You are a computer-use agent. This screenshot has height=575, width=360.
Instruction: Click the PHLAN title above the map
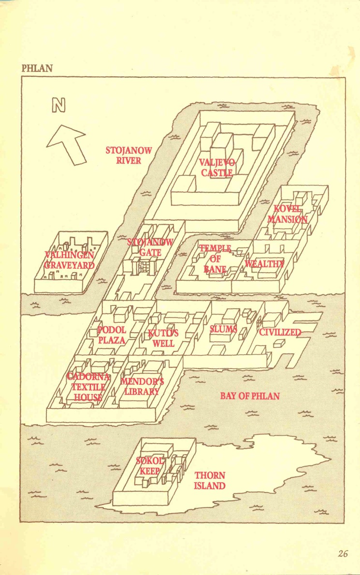point(37,68)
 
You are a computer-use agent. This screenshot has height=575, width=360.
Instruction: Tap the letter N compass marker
point(58,106)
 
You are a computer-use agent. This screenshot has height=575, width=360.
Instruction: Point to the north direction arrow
point(67,144)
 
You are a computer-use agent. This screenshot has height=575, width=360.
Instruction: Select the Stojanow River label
point(129,156)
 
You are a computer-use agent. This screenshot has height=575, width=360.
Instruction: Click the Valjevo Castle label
point(217,167)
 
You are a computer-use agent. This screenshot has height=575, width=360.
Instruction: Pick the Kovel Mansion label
point(288,214)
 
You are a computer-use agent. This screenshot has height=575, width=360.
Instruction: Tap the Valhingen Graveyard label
point(69,259)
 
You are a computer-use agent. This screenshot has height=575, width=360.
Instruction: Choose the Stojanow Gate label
point(150,247)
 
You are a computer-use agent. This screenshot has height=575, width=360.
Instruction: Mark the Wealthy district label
point(265,263)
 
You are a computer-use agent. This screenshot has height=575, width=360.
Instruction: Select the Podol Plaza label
point(112,335)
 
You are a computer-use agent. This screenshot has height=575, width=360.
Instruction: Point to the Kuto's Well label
point(163,338)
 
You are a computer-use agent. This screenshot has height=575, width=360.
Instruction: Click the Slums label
point(223,329)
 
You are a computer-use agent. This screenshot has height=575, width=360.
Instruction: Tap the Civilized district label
point(280,332)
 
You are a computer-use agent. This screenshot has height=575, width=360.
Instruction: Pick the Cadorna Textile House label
point(88,387)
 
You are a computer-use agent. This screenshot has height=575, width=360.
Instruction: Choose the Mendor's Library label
point(142,386)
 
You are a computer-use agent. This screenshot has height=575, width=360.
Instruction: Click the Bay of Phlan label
point(250,396)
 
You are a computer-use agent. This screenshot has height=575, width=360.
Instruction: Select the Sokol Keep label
point(150,466)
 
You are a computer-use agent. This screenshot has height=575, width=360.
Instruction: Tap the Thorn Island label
point(210,480)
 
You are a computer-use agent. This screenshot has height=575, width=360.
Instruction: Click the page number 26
point(343,554)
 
